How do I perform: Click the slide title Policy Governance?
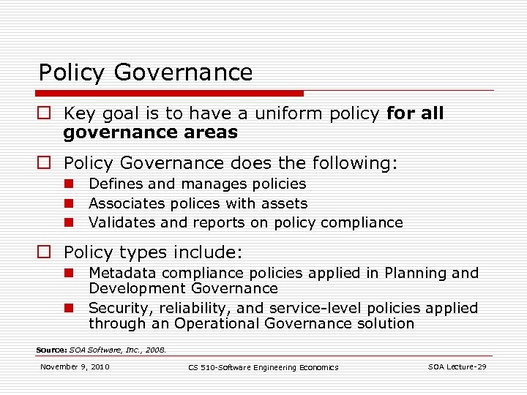pyautogui.click(x=145, y=72)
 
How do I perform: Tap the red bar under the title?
pyautogui.click(x=171, y=94)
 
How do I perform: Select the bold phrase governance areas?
pyautogui.click(x=150, y=132)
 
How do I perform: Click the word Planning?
pyautogui.click(x=418, y=273)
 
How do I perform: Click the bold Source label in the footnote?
pyautogui.click(x=51, y=350)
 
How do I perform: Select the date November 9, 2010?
pyautogui.click(x=75, y=366)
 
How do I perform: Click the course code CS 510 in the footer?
pyautogui.click(x=204, y=367)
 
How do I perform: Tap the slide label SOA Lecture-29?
pyautogui.click(x=457, y=366)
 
